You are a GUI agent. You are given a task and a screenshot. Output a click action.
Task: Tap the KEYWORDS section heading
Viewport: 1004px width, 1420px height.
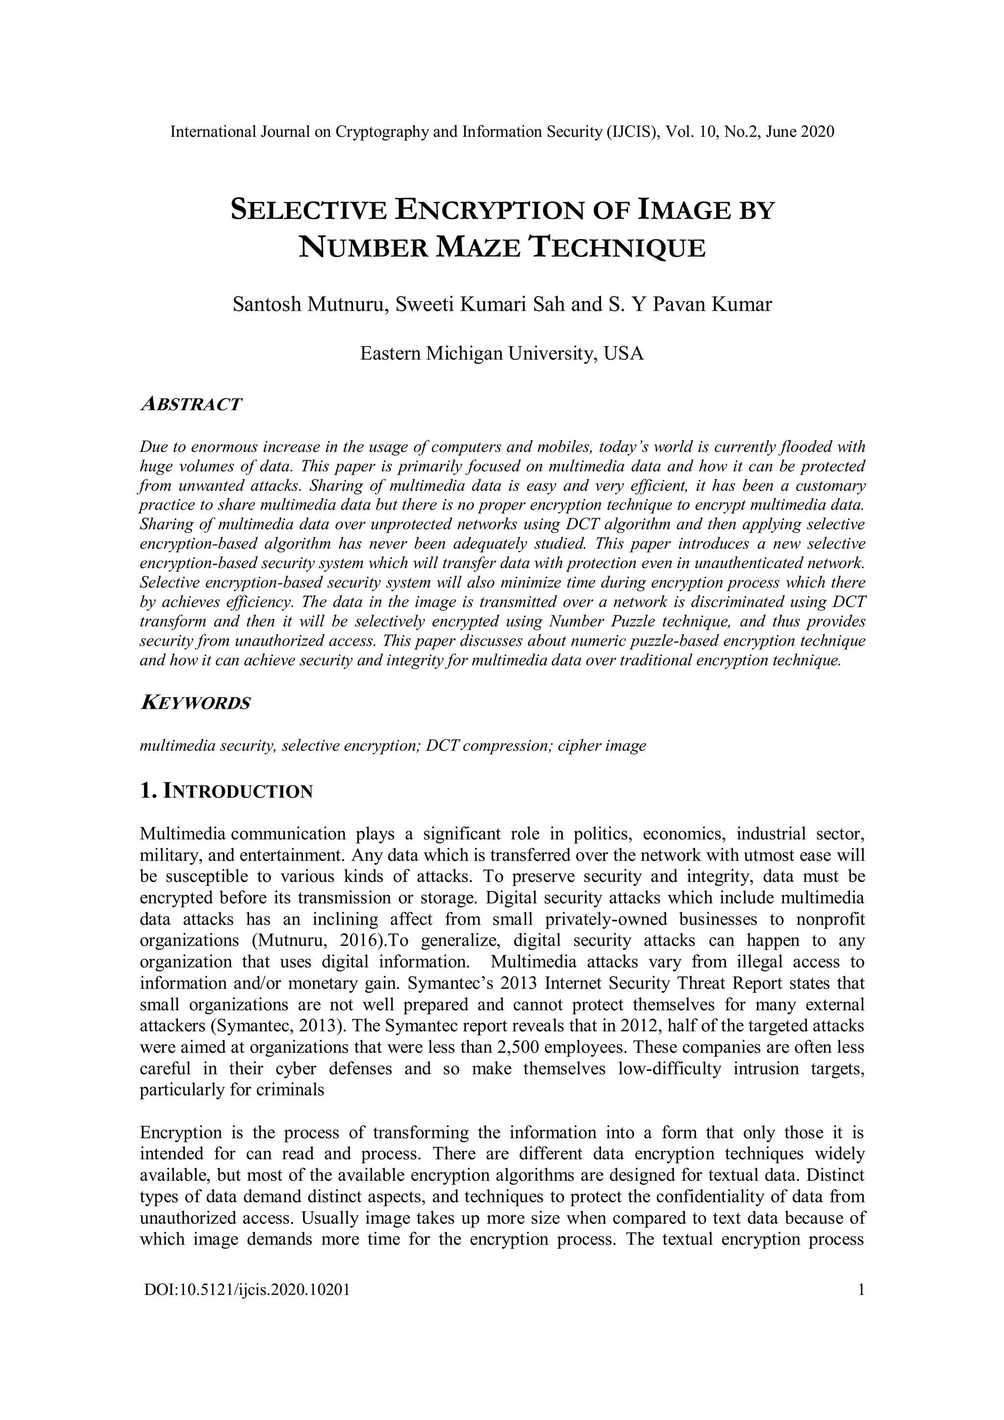coord(196,703)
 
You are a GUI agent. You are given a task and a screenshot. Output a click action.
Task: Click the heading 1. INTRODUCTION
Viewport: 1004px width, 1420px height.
coord(226,791)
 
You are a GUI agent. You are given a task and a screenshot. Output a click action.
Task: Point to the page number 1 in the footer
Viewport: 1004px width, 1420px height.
coord(860,1290)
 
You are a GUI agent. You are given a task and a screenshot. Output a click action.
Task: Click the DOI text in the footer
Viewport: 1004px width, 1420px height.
coord(247,1290)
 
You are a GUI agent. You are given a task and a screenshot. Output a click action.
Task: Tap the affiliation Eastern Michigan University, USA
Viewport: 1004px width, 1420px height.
coord(502,354)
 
